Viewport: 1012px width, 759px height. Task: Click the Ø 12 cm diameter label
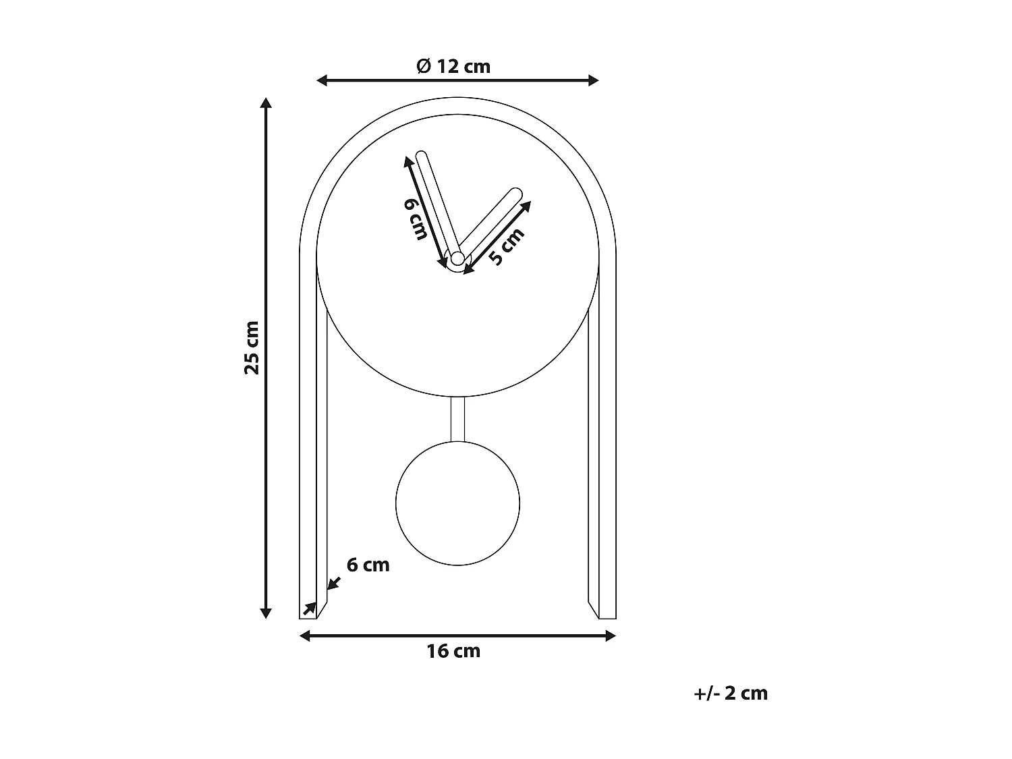(x=453, y=66)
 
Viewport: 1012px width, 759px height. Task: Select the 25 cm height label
(x=252, y=347)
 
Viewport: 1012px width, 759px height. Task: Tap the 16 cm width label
(x=453, y=651)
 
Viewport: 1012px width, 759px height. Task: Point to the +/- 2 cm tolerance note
(x=731, y=694)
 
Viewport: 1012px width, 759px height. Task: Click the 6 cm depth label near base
(x=368, y=565)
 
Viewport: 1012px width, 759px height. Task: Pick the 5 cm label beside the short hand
(x=505, y=247)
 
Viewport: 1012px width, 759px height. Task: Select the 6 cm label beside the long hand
(x=416, y=219)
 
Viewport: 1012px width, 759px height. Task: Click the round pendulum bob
(x=457, y=503)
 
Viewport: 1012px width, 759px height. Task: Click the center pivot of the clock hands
(x=457, y=258)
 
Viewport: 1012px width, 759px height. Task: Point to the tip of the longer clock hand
(x=422, y=157)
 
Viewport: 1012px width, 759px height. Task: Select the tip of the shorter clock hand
(x=516, y=193)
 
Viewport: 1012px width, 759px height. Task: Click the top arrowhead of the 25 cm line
(x=266, y=103)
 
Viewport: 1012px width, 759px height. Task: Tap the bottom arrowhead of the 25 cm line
(x=266, y=613)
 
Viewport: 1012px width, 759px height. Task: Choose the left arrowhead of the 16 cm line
(x=304, y=636)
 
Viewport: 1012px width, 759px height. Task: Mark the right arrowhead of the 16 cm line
(x=611, y=636)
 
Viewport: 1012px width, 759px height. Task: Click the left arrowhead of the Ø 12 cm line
(x=322, y=81)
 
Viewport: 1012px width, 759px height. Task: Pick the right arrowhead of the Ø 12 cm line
(x=594, y=81)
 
